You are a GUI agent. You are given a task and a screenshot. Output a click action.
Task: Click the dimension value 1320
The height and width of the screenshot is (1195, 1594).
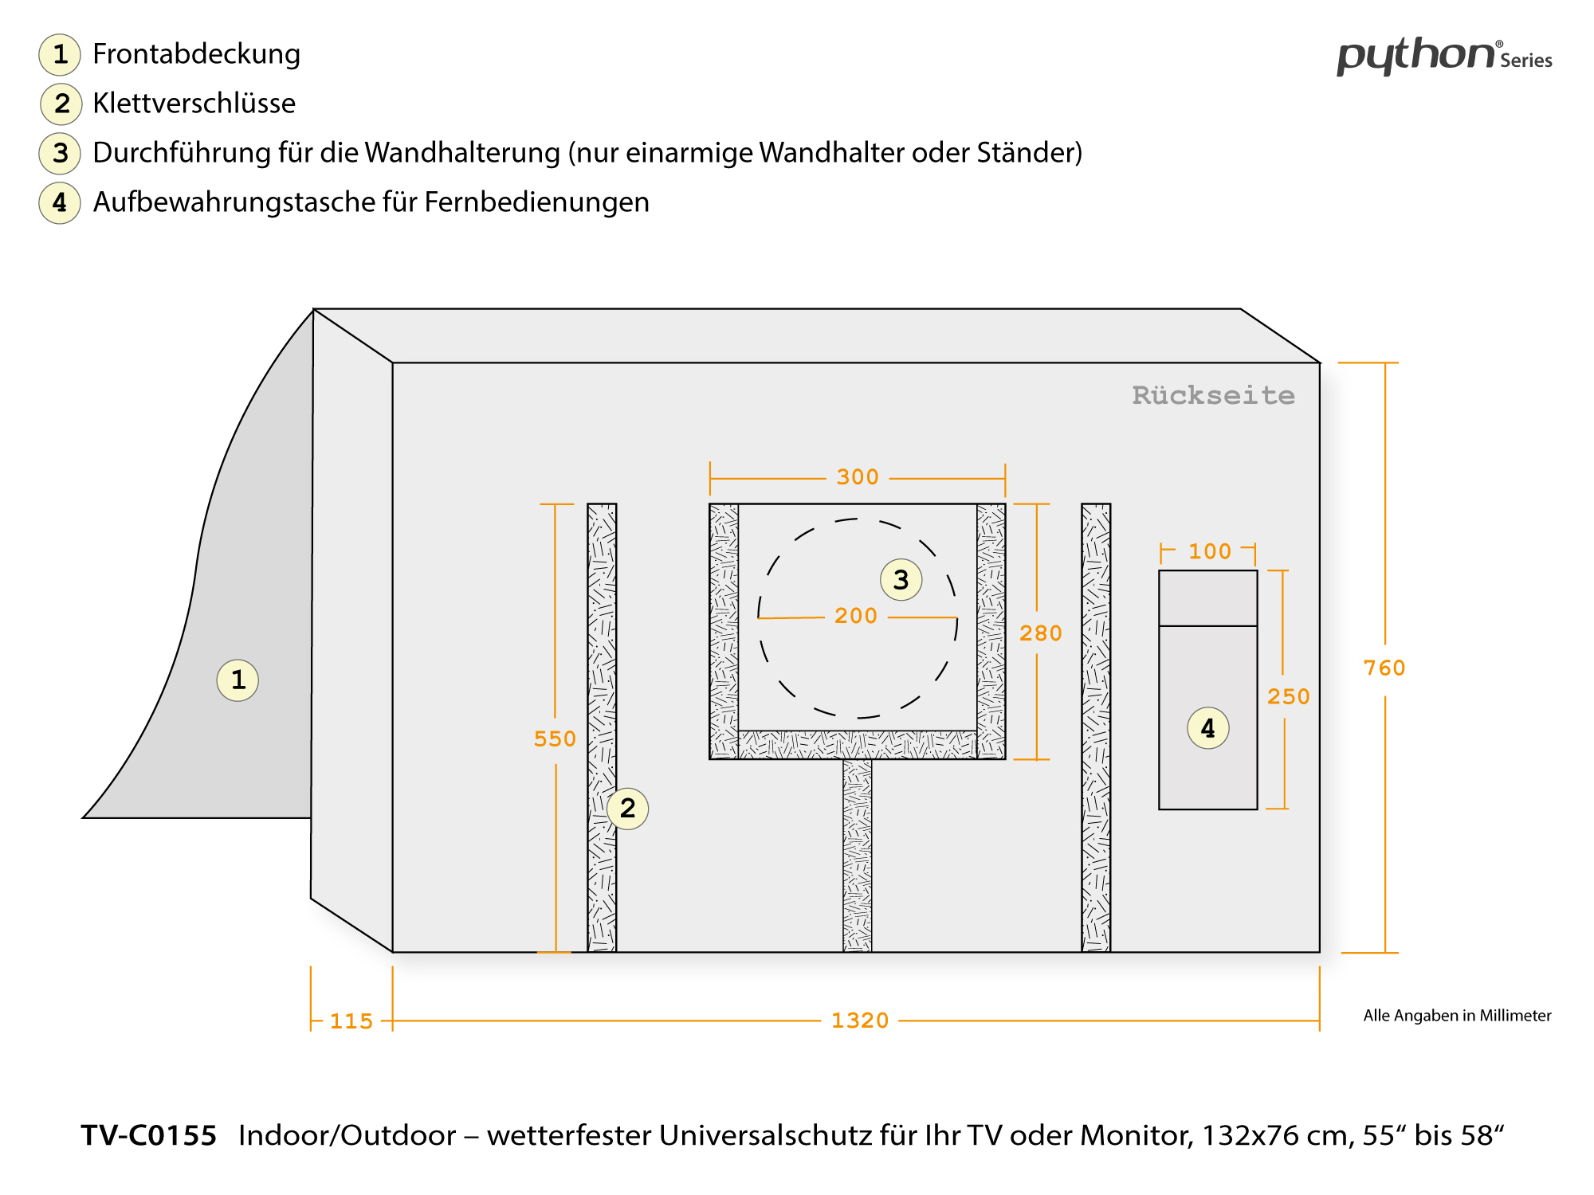point(859,1021)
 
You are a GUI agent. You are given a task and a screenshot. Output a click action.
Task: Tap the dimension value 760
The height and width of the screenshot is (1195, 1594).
point(1384,668)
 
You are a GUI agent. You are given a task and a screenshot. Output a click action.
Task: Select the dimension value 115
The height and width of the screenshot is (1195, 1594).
point(351,1021)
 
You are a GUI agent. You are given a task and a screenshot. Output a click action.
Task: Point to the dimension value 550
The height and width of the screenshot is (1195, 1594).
point(555,739)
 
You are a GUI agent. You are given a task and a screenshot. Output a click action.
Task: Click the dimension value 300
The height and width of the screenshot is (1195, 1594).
point(858,477)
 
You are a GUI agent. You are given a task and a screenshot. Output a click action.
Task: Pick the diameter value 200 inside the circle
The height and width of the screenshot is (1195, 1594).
point(856,616)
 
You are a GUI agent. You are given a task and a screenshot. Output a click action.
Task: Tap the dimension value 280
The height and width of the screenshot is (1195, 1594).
point(1041,633)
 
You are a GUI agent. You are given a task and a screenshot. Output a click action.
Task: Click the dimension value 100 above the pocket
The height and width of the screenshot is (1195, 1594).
point(1209,551)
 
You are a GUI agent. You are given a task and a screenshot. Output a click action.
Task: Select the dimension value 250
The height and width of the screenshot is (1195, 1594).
point(1288,697)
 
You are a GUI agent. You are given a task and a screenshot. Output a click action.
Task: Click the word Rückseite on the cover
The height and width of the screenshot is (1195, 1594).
point(1213,396)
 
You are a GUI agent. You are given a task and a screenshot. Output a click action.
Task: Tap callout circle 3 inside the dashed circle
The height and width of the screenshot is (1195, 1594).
point(901,580)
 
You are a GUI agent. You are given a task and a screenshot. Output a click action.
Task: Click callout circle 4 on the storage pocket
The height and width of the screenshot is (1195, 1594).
point(1207,728)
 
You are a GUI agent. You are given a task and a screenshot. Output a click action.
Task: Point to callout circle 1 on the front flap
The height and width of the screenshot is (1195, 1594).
point(238,680)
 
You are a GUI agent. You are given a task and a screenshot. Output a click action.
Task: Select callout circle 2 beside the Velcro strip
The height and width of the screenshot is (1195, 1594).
point(627,809)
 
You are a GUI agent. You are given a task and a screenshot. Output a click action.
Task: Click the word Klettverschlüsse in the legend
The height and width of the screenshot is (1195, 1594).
point(194,104)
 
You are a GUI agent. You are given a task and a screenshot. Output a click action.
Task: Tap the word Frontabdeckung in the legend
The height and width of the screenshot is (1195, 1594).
point(196,54)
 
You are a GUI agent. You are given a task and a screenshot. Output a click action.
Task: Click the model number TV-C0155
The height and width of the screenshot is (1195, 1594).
point(149,1135)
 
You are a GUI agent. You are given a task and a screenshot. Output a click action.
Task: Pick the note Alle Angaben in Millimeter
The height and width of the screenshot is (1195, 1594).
point(1457,1016)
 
